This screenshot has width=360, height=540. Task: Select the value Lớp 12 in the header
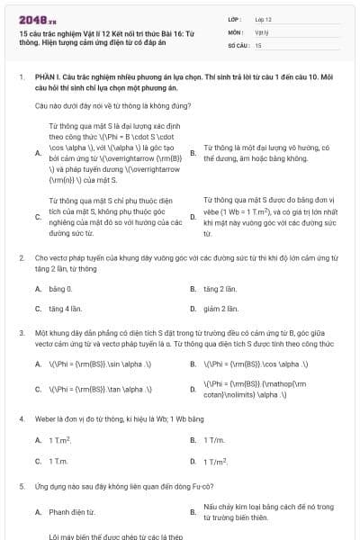(x=264, y=18)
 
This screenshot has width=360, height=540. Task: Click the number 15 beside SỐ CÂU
(x=258, y=44)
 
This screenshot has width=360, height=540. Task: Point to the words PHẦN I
(x=47, y=78)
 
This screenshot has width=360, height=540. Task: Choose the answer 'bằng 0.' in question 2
(x=59, y=289)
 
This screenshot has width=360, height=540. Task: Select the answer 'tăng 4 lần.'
(x=64, y=309)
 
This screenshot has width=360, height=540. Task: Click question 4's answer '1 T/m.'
(x=214, y=440)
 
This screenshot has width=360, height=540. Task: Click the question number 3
(x=22, y=333)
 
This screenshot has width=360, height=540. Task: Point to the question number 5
(x=22, y=486)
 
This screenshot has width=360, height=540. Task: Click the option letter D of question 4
(x=193, y=461)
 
